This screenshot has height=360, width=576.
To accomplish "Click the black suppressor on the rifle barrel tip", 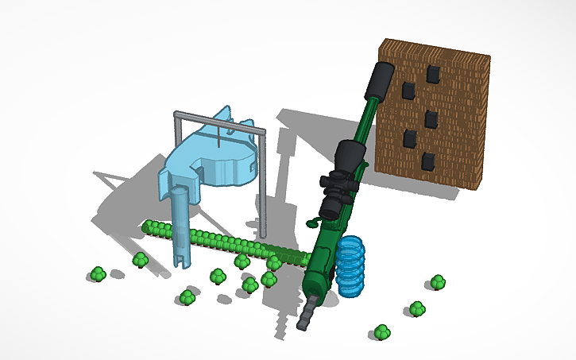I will [380, 79].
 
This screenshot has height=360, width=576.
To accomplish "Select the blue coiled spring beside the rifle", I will [350, 265].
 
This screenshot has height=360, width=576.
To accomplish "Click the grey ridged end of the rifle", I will [308, 315].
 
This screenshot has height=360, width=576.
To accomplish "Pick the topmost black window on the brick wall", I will [434, 74].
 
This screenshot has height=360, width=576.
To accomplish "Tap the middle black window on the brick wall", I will [431, 119].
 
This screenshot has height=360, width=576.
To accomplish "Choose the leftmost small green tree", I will [98, 274].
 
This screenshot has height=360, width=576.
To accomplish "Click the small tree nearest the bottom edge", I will [382, 331].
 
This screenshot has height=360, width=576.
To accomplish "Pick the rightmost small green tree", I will [438, 282].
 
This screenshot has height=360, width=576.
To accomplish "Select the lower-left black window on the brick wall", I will [409, 140].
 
